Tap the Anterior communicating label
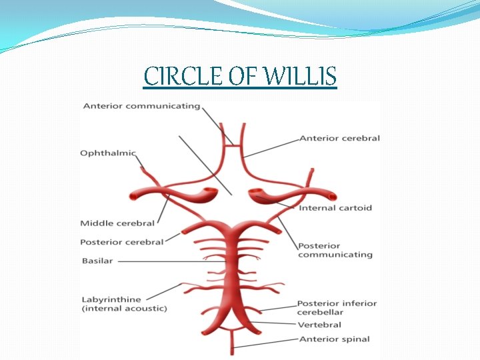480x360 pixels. (x=141, y=106)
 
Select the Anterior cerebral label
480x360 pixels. (x=339, y=138)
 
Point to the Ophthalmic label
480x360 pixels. (x=108, y=153)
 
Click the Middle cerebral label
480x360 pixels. (x=117, y=223)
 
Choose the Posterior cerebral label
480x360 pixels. (x=121, y=242)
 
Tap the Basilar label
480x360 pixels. (x=97, y=261)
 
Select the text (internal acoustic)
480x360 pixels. (x=124, y=309)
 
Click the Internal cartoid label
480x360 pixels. (x=335, y=208)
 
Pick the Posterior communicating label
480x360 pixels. (x=335, y=250)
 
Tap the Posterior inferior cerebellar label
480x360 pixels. (x=337, y=307)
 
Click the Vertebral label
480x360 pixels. (x=319, y=325)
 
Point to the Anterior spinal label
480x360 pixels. (x=334, y=339)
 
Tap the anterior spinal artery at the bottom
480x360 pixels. (x=233, y=343)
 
